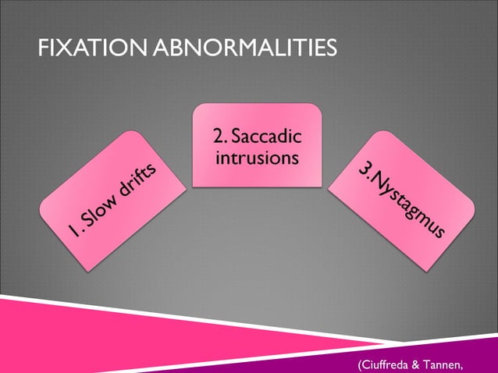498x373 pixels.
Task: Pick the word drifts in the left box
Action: tap(141, 176)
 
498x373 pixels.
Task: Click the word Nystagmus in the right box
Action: tap(409, 204)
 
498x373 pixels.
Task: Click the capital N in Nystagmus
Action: tap(380, 182)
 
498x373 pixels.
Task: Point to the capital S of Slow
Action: tap(87, 222)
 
